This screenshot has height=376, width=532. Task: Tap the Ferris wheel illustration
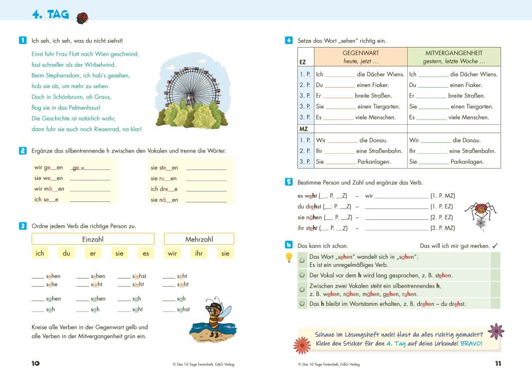pos(188,93)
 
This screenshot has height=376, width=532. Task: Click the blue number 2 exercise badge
pos(22,151)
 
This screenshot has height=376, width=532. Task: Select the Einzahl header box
pos(93,239)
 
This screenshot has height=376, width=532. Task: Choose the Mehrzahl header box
pos(199,239)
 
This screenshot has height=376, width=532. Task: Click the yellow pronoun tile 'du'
pos(67,253)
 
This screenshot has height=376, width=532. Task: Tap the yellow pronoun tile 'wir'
pos(172,253)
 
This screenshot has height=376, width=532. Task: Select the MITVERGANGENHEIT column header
pos(453,56)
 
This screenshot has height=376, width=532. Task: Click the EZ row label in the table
pos(303,62)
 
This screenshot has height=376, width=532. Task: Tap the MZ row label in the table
pos(303,128)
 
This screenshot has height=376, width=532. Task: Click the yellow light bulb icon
pos(289,258)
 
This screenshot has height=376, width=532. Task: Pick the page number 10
pos(35,364)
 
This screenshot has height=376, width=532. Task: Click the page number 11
pos(497,364)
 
